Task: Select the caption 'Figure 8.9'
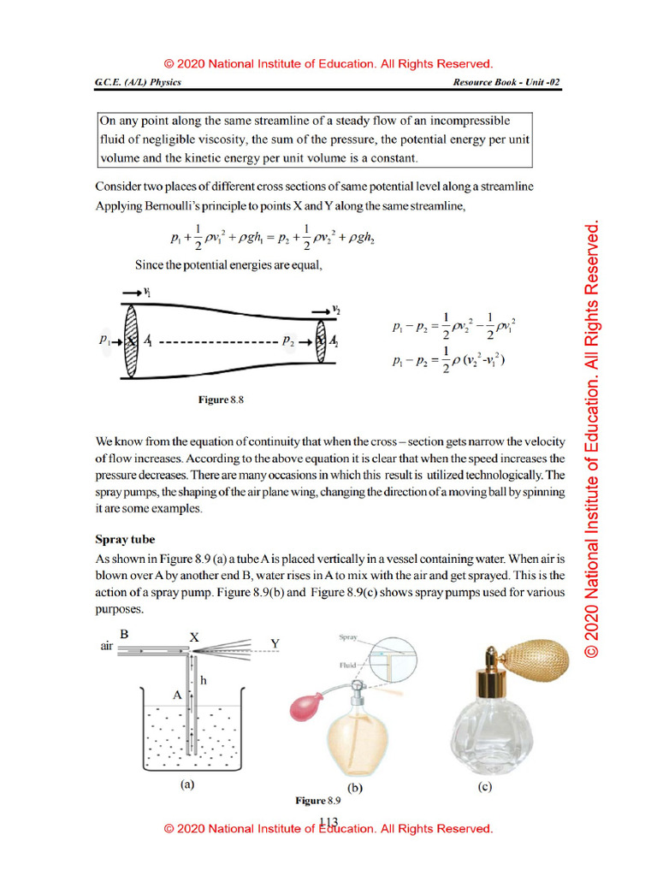tap(318, 801)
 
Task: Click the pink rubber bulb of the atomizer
tap(305, 704)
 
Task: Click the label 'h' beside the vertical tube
tap(203, 679)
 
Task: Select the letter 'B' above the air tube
tap(124, 635)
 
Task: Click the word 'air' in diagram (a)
tap(107, 648)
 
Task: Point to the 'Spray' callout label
tap(348, 638)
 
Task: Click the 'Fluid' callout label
tap(348, 664)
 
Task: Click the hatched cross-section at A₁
tap(131, 340)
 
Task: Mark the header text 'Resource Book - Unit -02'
tap(507, 83)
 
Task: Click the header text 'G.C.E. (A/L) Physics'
tap(138, 83)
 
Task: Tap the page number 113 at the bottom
tap(328, 822)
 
